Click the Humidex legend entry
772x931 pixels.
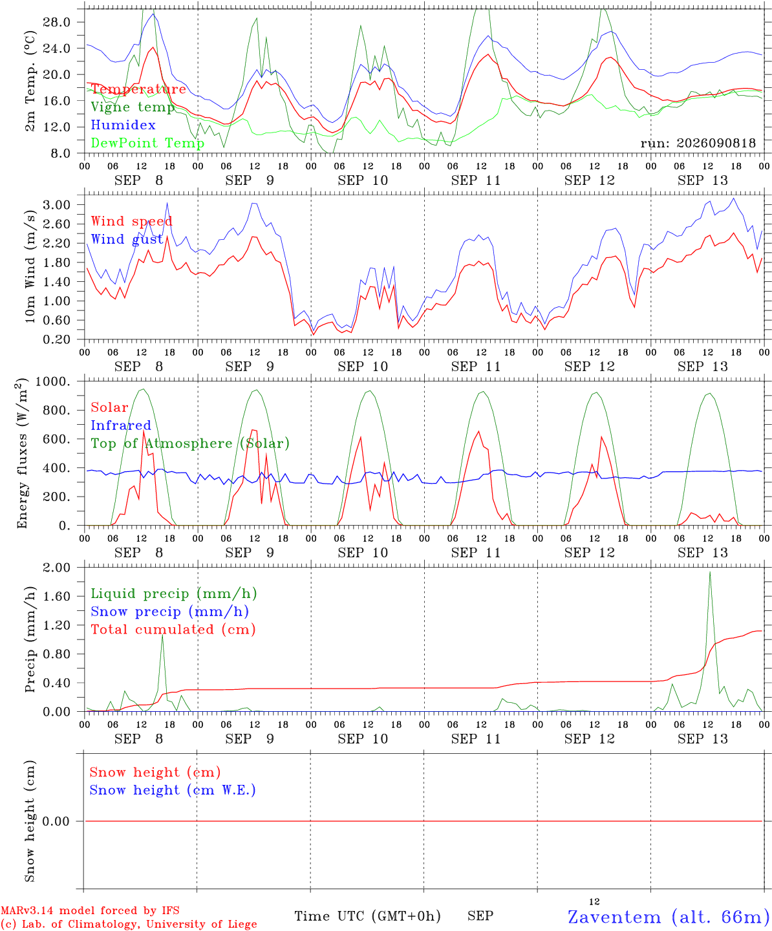click(x=123, y=125)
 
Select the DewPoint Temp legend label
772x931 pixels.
click(x=147, y=143)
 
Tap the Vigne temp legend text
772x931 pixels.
click(x=133, y=107)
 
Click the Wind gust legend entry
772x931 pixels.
click(x=127, y=239)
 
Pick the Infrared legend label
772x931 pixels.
click(x=121, y=425)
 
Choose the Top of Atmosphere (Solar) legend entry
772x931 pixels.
click(x=191, y=444)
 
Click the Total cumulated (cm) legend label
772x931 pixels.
click(x=173, y=630)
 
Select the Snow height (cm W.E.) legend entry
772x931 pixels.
click(x=173, y=790)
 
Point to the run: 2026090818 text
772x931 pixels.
click(x=698, y=143)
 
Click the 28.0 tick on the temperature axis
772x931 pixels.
click(x=57, y=22)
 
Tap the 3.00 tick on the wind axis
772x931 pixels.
click(x=57, y=205)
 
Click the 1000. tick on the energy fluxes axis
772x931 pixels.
click(x=53, y=381)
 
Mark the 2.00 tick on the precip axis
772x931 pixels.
click(x=57, y=568)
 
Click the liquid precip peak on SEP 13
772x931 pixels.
click(x=709, y=573)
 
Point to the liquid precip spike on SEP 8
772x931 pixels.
click(x=162, y=636)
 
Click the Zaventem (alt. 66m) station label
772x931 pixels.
click(x=665, y=917)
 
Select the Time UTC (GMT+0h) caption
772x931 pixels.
click(x=367, y=916)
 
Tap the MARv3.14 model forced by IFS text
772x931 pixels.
click(x=90, y=910)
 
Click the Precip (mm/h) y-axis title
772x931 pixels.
click(x=30, y=639)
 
